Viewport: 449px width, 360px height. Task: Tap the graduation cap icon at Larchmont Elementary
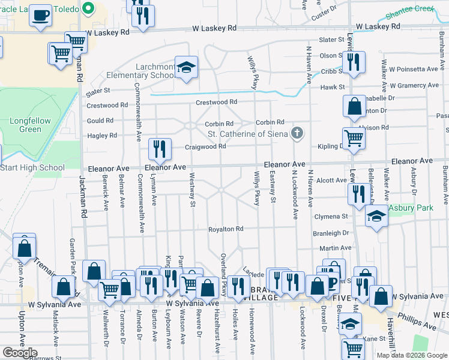click(187, 67)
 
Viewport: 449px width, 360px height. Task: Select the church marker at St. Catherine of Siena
click(296, 133)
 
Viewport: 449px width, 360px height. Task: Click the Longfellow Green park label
click(30, 125)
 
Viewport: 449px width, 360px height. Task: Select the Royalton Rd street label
click(226, 229)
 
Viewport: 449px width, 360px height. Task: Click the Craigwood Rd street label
click(205, 146)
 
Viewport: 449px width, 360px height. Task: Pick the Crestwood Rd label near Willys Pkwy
click(217, 103)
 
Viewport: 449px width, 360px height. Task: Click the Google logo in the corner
click(20, 353)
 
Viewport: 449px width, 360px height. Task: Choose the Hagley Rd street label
click(101, 136)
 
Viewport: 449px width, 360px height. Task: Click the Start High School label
click(32, 167)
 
